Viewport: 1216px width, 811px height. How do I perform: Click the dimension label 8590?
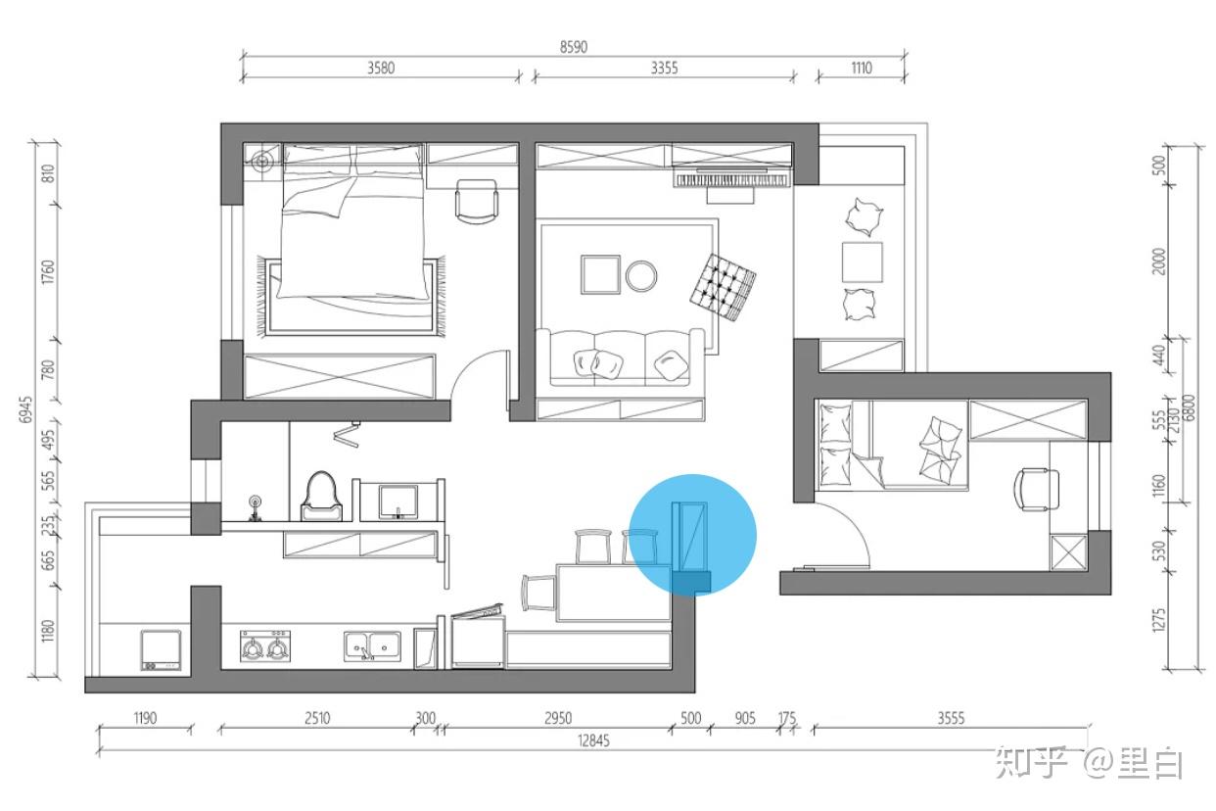[574, 47]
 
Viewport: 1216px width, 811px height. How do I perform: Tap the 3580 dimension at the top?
[381, 68]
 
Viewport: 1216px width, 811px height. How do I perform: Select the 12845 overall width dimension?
[593, 740]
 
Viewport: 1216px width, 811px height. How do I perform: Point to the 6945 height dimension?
[25, 409]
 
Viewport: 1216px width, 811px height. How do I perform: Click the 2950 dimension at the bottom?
[558, 718]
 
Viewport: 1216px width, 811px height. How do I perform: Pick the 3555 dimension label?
[951, 718]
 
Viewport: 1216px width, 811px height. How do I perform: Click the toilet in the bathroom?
[321, 497]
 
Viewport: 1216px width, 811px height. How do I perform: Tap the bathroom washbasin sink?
[398, 501]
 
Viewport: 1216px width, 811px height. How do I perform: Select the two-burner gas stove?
[265, 645]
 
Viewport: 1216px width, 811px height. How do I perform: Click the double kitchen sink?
[372, 646]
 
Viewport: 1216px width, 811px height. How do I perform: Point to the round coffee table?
[641, 276]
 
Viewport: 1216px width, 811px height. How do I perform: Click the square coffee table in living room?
[600, 274]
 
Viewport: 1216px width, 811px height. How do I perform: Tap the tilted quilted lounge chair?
[724, 287]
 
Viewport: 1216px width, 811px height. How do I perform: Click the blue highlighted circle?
[692, 535]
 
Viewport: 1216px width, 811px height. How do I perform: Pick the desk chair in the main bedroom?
[477, 201]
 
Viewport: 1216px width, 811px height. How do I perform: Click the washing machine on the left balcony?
[161, 649]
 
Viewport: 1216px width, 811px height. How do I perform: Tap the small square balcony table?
[862, 262]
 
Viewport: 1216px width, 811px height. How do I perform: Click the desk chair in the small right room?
[1036, 490]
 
